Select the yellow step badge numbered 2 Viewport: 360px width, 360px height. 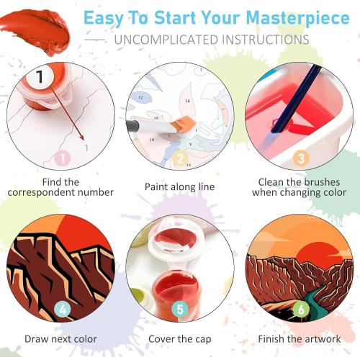(181, 158)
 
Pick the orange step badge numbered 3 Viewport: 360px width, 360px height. (301, 157)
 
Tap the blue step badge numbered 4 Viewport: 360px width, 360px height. (62, 310)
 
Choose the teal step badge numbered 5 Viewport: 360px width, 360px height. (181, 310)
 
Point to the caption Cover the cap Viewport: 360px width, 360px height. (180, 338)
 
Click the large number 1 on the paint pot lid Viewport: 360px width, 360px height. (40, 76)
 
